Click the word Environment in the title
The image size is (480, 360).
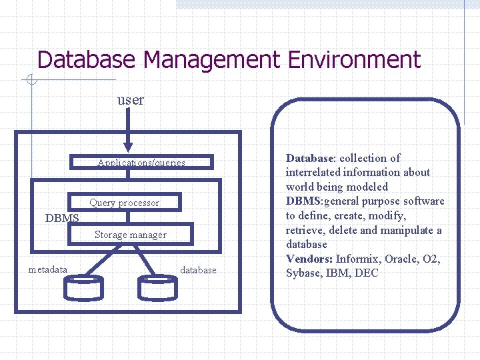(x=354, y=60)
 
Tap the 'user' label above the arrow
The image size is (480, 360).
(x=130, y=100)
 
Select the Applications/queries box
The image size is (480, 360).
(x=141, y=162)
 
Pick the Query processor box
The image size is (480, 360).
(x=125, y=202)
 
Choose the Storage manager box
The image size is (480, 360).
(x=131, y=234)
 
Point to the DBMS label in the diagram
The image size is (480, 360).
(x=62, y=218)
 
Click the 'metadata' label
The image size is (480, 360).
(x=48, y=269)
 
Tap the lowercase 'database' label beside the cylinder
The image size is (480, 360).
(x=198, y=270)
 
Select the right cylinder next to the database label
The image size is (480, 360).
(x=157, y=287)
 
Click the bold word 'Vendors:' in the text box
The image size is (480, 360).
(x=309, y=259)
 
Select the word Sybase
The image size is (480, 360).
(x=303, y=273)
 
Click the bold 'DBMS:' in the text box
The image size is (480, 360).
(x=305, y=201)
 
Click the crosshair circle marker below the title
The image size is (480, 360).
(x=31, y=81)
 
